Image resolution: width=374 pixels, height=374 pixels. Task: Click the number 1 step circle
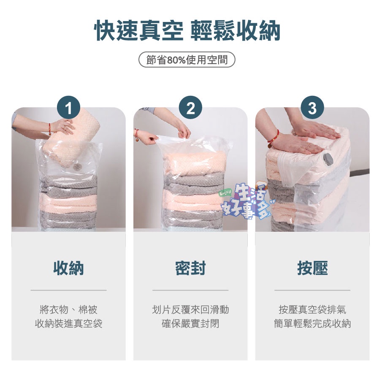coord(68,108)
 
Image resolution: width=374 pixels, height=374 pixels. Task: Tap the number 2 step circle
coord(190,108)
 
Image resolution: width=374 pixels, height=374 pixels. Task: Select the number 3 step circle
coord(312,108)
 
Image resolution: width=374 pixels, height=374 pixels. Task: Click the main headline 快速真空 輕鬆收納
coord(187,31)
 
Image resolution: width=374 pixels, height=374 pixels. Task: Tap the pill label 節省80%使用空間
coord(187,60)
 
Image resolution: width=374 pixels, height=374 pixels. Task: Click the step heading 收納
coord(68,268)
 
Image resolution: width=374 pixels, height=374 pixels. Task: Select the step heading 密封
coord(190,268)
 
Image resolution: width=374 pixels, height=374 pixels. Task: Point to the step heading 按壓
coord(312,268)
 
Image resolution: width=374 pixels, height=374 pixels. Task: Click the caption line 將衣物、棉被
coord(68,309)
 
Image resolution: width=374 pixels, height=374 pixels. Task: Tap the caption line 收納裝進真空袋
coord(68,324)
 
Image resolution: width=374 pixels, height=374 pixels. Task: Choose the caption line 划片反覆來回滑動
coord(190,309)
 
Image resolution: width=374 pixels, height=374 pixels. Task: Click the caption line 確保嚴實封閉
coord(190,324)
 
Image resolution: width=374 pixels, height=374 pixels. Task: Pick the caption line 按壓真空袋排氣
coord(312,309)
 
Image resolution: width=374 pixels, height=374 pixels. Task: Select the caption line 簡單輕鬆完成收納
coord(312,324)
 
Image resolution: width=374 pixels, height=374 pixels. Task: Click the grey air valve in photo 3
coord(328,159)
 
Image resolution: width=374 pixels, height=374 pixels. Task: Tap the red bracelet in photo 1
coord(50,130)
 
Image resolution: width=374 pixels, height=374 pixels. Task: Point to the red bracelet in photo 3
coord(274,138)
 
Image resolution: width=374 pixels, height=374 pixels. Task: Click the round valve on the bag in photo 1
coord(76,167)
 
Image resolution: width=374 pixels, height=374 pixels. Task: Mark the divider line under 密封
coord(190,290)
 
